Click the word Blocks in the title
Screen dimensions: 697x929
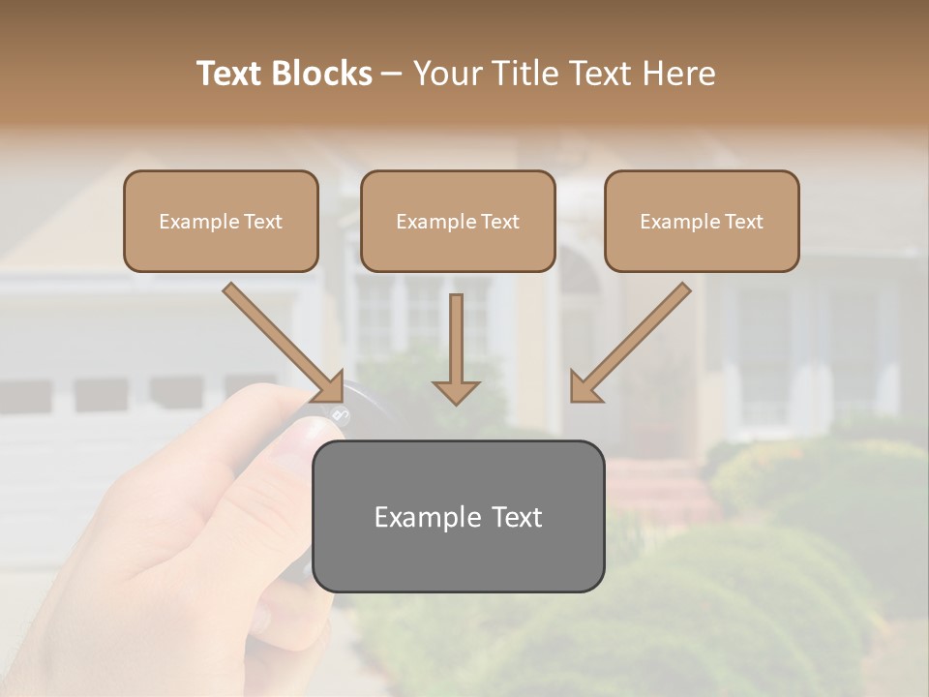(x=324, y=74)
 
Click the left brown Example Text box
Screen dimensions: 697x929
(x=221, y=222)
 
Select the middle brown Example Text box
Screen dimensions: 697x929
(x=458, y=222)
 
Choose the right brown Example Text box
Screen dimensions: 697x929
(x=702, y=222)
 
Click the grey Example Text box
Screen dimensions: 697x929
(x=458, y=516)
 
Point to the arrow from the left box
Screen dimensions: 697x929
(x=281, y=339)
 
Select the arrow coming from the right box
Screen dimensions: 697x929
(x=634, y=339)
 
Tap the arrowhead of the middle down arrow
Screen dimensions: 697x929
(x=456, y=391)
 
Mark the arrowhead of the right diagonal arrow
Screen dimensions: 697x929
(x=584, y=387)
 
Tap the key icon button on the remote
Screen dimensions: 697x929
(x=339, y=416)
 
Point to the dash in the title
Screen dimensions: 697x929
(x=392, y=74)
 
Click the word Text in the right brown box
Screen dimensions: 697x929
(x=743, y=222)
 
